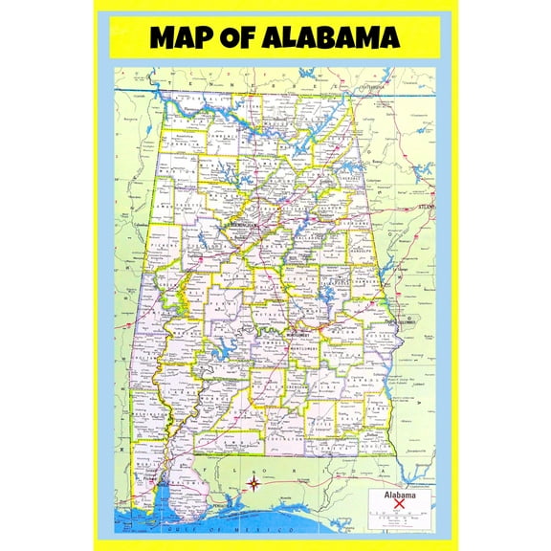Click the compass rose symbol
pyautogui.click(x=254, y=483)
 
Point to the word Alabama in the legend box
pyautogui.click(x=400, y=496)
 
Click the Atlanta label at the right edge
pyautogui.click(x=425, y=206)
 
